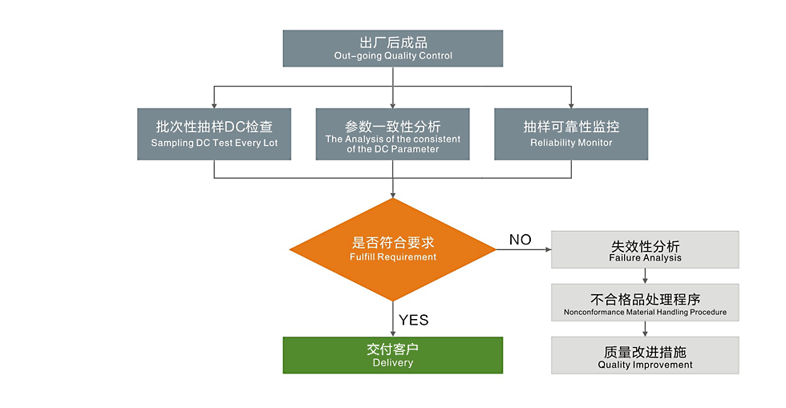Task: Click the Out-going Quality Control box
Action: tap(393, 48)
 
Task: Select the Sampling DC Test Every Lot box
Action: tap(214, 134)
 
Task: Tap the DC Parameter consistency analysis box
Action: tap(393, 134)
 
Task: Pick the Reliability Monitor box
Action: tap(571, 134)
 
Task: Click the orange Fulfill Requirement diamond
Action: tap(393, 249)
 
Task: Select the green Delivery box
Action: tap(393, 355)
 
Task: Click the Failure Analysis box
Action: tap(645, 250)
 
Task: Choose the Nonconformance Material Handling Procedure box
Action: tap(645, 302)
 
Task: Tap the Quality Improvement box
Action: tap(645, 355)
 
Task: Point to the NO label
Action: tap(521, 240)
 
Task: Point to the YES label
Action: tap(414, 320)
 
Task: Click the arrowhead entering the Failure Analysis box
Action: tap(548, 250)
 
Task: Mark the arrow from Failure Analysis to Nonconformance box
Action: tap(645, 277)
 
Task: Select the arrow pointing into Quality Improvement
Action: tap(645, 329)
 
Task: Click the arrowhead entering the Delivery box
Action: tap(393, 333)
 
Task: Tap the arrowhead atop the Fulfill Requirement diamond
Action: tap(393, 195)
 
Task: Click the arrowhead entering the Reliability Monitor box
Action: tap(571, 104)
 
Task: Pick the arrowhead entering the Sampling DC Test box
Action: tap(214, 104)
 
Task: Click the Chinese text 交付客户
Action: tap(393, 349)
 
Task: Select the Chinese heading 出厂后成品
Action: tap(393, 42)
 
